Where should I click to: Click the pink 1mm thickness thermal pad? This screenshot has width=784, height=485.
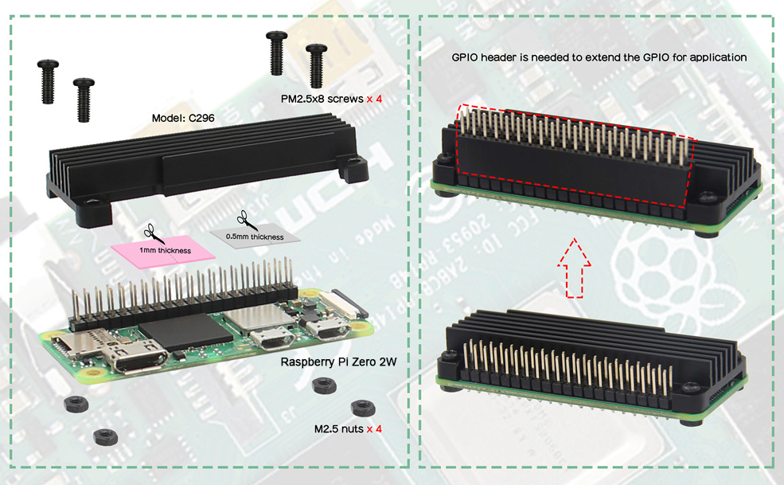pyautogui.click(x=163, y=251)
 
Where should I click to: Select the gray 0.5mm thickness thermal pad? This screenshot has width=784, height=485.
pyautogui.click(x=255, y=235)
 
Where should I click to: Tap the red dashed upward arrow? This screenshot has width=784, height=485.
pyautogui.click(x=575, y=268)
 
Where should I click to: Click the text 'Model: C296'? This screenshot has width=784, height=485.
pyautogui.click(x=183, y=118)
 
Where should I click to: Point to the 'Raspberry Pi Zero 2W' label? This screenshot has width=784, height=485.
pyautogui.click(x=338, y=362)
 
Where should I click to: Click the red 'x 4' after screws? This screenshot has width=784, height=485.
pyautogui.click(x=374, y=99)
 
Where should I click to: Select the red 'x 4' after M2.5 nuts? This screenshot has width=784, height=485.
pyautogui.click(x=374, y=429)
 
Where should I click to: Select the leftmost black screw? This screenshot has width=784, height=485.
pyautogui.click(x=48, y=81)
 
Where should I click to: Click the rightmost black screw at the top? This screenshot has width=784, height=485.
pyautogui.click(x=316, y=65)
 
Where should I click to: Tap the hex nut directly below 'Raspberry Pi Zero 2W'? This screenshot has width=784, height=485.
pyautogui.click(x=324, y=385)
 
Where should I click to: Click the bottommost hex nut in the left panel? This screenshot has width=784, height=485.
pyautogui.click(x=106, y=436)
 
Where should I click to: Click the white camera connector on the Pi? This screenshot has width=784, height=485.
pyautogui.click(x=339, y=303)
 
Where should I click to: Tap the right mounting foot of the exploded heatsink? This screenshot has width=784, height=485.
pyautogui.click(x=353, y=168)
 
